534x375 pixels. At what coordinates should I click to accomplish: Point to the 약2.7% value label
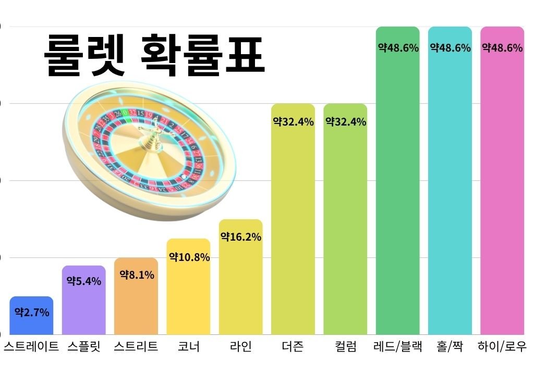point(32,312)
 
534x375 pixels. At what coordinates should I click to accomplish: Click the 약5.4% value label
point(84,281)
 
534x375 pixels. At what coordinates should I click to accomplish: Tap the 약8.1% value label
point(137,275)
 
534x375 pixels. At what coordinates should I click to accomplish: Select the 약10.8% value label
point(189,257)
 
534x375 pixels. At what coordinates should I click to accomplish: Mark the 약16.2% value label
point(241,237)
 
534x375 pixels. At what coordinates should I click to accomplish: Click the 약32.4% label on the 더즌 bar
point(293,122)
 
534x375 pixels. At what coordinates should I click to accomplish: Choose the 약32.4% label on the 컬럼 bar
point(346,122)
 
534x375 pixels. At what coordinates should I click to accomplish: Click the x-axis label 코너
point(188,347)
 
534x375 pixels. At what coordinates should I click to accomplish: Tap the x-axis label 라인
point(240,347)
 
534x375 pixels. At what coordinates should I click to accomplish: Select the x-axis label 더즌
point(293,347)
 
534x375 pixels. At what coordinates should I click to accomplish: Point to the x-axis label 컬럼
point(345,347)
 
